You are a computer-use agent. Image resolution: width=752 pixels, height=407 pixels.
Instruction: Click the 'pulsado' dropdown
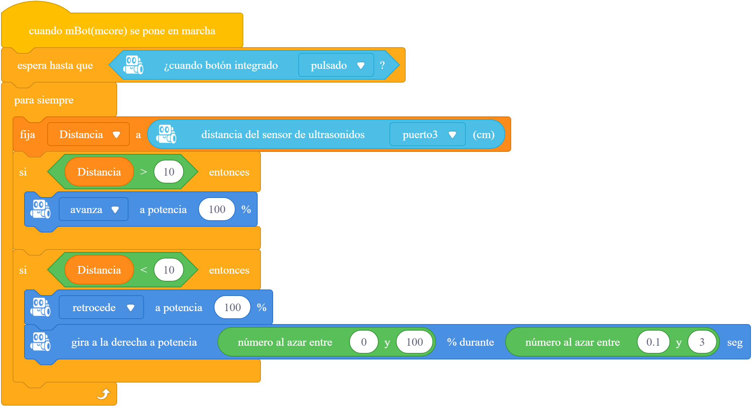point(336,65)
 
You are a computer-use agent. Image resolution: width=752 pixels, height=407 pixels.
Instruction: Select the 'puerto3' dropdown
point(427,134)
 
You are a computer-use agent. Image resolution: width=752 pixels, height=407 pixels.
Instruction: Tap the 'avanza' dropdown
point(94,209)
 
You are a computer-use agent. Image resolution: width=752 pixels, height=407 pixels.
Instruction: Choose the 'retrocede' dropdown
point(101,308)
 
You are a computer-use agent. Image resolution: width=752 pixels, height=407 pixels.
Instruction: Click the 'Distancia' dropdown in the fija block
point(88,134)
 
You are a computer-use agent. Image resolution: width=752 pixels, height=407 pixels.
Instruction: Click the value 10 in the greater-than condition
point(169,172)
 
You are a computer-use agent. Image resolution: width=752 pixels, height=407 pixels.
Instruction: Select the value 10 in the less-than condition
point(169,270)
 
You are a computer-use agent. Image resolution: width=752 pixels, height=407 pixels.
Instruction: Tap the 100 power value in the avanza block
point(217,209)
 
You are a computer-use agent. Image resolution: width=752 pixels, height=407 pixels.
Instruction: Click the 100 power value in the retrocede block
point(232,308)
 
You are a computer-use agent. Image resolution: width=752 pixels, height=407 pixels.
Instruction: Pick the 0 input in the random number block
point(364,342)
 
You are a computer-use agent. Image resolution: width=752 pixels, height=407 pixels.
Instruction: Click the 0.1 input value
point(653,342)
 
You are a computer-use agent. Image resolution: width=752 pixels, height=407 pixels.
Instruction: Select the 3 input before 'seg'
point(702,342)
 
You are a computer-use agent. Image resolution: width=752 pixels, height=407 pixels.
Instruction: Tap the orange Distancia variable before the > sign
point(99,172)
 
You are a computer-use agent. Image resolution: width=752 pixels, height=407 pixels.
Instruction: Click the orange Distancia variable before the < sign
point(99,270)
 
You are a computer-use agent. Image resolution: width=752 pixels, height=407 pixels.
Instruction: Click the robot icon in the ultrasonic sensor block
point(166,134)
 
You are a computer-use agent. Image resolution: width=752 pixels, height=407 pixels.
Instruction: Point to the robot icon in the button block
point(133,65)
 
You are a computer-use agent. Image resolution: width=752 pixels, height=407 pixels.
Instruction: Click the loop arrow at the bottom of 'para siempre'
point(103,394)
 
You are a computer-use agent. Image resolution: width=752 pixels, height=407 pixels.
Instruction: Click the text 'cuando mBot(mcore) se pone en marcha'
point(122,31)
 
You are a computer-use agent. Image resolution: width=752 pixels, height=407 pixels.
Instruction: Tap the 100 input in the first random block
point(415,342)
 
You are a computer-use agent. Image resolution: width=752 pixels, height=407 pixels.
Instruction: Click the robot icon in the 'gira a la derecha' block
point(40,342)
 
